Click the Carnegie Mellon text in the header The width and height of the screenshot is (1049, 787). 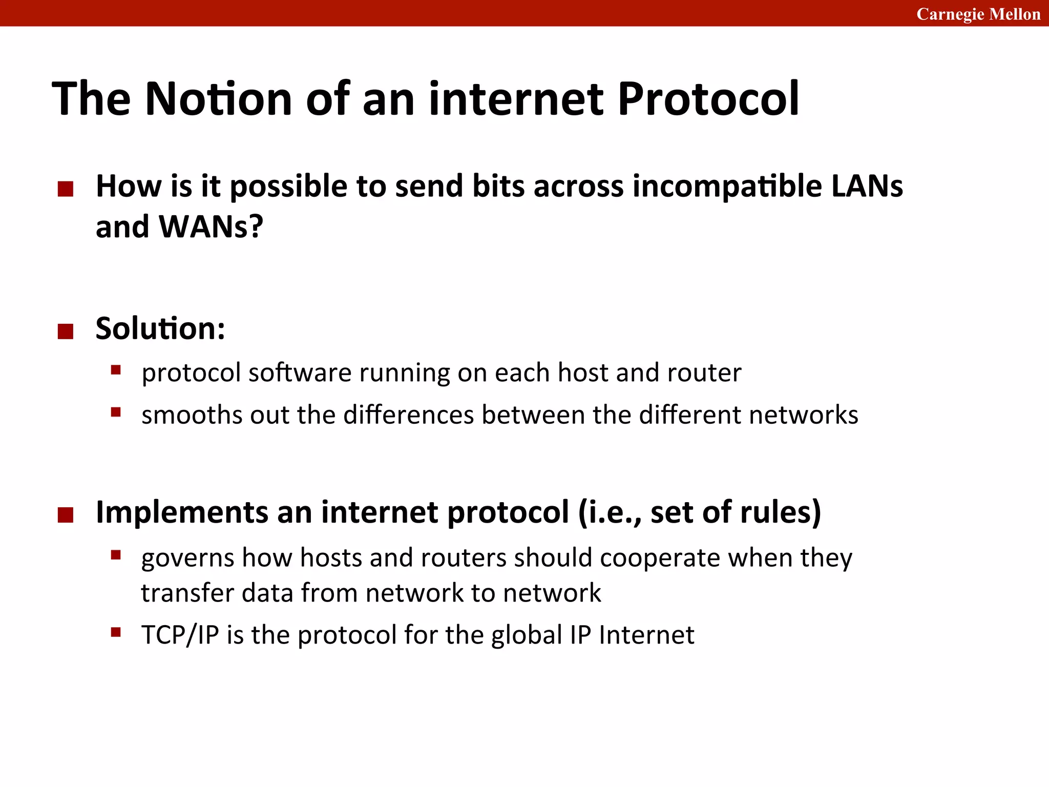point(978,14)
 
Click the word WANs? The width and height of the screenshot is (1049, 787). point(211,226)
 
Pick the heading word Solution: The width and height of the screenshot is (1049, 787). point(160,328)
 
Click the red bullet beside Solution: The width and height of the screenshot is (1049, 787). point(66,332)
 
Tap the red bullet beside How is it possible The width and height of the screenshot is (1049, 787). point(66,189)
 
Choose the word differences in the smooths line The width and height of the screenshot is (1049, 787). point(408,415)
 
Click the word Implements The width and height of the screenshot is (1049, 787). point(182,512)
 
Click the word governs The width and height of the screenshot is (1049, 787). point(187,558)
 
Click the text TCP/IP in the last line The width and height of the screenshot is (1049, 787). point(180,635)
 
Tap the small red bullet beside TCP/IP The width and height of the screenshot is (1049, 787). point(116,632)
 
